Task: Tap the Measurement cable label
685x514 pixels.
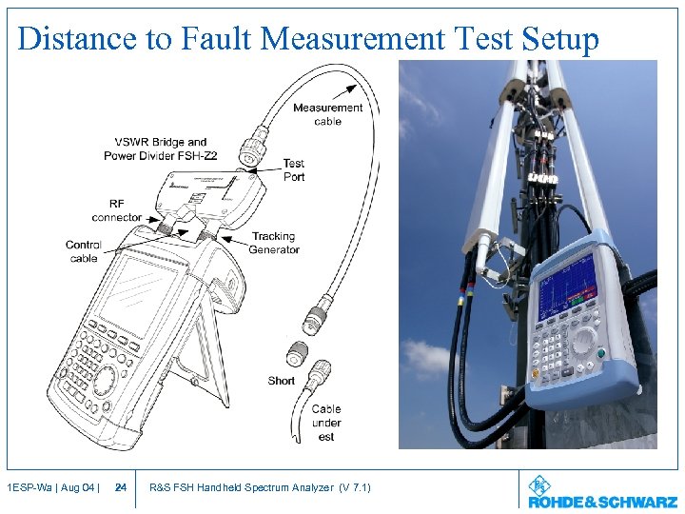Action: coord(327,114)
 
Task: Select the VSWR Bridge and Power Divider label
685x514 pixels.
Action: coord(155,148)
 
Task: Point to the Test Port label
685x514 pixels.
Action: coord(294,170)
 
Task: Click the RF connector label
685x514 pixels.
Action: coord(116,210)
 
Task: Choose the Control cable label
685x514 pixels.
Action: coord(83,251)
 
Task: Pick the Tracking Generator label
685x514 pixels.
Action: coord(274,243)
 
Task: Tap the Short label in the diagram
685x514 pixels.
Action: coord(281,381)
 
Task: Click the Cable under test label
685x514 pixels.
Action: coord(326,423)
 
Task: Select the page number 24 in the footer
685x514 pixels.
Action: coord(121,488)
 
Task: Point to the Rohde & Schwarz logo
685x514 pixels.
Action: coord(602,492)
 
